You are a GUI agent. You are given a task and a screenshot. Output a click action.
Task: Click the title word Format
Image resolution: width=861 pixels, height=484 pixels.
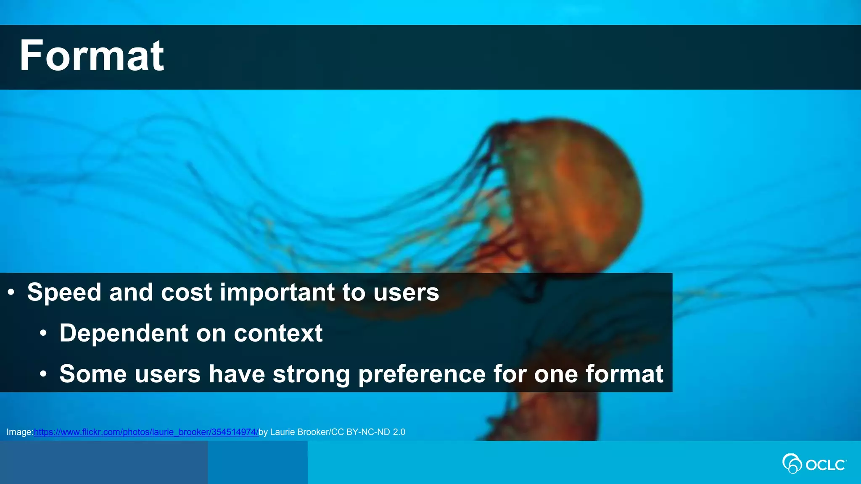(x=92, y=56)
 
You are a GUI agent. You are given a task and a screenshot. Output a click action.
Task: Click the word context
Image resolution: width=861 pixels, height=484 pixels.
(x=278, y=333)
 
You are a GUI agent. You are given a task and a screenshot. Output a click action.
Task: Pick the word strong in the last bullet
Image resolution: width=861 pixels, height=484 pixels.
(x=311, y=374)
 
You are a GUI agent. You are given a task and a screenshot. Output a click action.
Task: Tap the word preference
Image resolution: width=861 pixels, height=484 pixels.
(x=422, y=374)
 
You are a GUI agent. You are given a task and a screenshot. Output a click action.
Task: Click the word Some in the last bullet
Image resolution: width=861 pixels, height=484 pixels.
(x=93, y=374)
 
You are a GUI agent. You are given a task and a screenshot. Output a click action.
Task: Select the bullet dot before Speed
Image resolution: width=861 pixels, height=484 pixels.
(x=11, y=292)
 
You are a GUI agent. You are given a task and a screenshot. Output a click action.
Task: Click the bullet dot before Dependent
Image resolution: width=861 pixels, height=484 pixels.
(x=43, y=333)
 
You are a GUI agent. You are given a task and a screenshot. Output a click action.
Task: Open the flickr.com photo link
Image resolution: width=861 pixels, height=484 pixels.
(x=146, y=432)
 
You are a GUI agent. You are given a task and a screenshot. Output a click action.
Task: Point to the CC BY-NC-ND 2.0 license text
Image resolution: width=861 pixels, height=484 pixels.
(x=368, y=432)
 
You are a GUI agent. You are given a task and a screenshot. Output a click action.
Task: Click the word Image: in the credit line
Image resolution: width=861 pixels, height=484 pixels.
(x=20, y=432)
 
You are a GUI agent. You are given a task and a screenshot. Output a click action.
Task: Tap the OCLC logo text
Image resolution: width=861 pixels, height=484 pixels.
(x=825, y=465)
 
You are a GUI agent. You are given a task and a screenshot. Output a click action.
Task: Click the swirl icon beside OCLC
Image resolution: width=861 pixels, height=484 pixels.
(x=792, y=463)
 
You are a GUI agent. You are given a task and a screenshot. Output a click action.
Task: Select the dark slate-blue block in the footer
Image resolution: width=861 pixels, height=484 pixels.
(x=103, y=462)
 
